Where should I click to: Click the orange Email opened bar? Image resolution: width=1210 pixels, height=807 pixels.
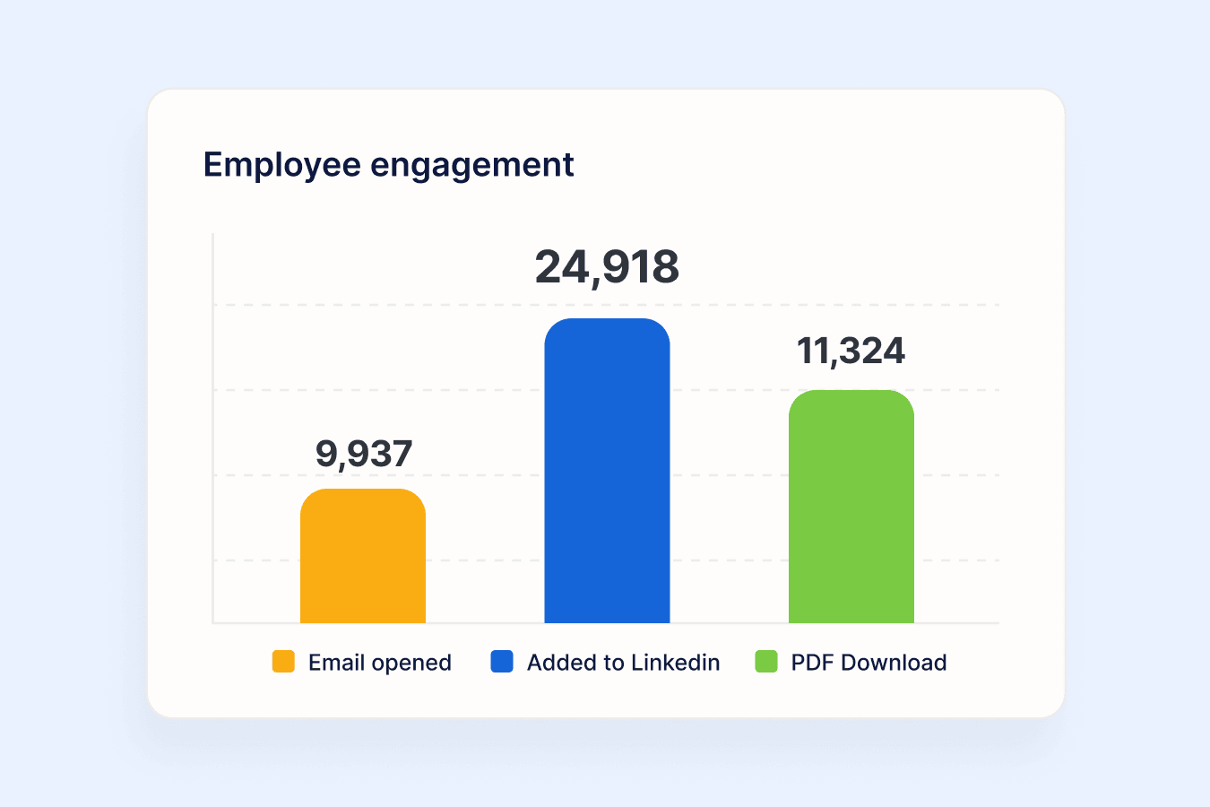[363, 556]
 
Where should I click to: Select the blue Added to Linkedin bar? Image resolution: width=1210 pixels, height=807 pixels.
[607, 471]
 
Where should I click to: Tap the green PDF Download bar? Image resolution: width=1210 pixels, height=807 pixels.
[851, 507]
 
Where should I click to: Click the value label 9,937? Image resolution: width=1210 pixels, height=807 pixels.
[364, 454]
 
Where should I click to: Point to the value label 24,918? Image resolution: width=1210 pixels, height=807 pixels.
[607, 267]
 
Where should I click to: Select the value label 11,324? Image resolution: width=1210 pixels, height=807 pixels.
[851, 351]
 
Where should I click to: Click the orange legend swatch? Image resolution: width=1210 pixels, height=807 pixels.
[283, 662]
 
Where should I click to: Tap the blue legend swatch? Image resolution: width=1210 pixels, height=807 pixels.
[501, 662]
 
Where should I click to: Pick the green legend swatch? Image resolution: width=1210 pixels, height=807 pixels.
[766, 662]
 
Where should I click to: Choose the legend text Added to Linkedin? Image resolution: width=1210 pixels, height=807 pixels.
[623, 663]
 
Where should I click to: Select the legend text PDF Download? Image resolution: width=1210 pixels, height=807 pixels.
[869, 663]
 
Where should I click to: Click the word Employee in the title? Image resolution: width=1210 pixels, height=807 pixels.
[282, 165]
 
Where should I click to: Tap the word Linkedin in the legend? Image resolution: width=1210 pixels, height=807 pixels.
[675, 663]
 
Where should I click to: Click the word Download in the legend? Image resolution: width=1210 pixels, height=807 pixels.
[894, 663]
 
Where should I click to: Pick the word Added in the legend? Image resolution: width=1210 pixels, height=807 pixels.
[562, 663]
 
